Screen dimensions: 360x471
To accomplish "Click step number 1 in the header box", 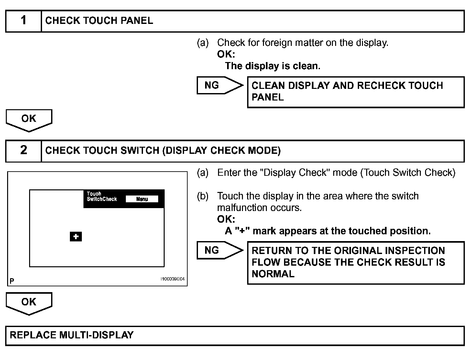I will click(23, 21).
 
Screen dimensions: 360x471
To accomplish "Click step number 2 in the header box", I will click(23, 150).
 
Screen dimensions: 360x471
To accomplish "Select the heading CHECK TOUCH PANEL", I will click(99, 21).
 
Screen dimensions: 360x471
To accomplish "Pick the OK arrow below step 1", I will click(29, 120).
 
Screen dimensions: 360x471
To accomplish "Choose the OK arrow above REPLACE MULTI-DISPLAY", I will click(29, 303).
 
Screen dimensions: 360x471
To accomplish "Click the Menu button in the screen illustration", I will click(142, 199).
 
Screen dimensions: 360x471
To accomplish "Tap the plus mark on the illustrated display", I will click(76, 237).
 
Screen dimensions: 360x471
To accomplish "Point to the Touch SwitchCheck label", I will click(102, 196).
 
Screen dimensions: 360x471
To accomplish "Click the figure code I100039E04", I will click(173, 279).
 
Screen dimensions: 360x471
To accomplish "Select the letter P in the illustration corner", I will click(12, 281).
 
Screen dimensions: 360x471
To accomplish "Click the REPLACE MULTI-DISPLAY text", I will click(72, 335).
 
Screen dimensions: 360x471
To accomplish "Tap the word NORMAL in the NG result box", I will click(273, 274).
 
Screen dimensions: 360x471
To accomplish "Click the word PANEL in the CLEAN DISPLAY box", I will click(268, 97).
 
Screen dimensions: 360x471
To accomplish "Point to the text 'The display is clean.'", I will click(272, 66).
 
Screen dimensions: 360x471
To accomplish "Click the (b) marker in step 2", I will click(203, 196).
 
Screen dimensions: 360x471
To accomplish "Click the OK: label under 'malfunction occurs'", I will click(226, 219).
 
